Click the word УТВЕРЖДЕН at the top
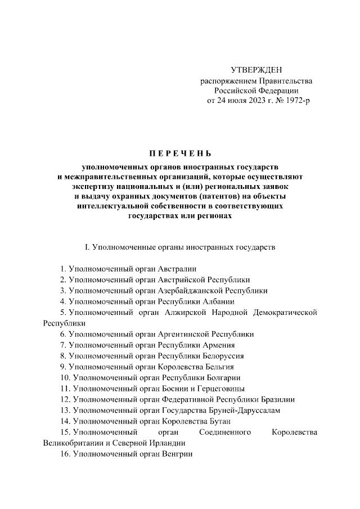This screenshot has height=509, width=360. coord(256,70)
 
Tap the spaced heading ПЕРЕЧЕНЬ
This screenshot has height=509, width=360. coord(180,153)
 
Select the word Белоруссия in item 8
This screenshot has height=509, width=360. coord(224,356)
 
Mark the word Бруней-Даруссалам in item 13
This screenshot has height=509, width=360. coord(248,411)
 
